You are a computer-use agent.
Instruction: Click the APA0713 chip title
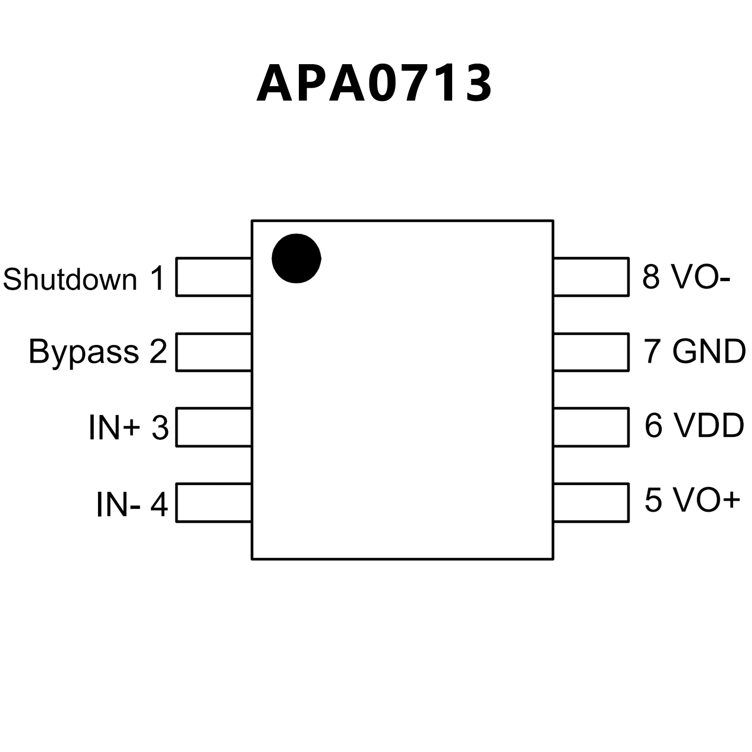point(374,83)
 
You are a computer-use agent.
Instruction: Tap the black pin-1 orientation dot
point(296,258)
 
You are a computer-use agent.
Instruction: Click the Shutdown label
point(70,279)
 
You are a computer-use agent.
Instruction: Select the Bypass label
point(84,351)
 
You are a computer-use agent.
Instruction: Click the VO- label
point(701,276)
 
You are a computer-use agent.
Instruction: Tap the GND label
point(708,351)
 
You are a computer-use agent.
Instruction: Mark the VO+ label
point(706,500)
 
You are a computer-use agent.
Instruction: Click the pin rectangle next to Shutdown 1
point(214,277)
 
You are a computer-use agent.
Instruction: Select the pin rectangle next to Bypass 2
point(214,352)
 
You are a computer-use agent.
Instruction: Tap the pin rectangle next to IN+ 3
point(214,427)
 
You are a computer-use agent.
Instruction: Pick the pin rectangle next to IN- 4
point(214,503)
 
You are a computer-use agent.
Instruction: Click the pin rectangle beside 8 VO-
point(591,277)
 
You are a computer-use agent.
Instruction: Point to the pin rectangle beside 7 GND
point(591,352)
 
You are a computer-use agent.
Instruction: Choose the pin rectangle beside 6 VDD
point(591,427)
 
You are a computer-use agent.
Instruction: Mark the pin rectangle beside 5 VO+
point(591,503)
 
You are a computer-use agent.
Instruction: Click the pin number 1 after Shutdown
point(157,279)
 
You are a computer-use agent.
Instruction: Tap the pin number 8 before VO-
point(651,276)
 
